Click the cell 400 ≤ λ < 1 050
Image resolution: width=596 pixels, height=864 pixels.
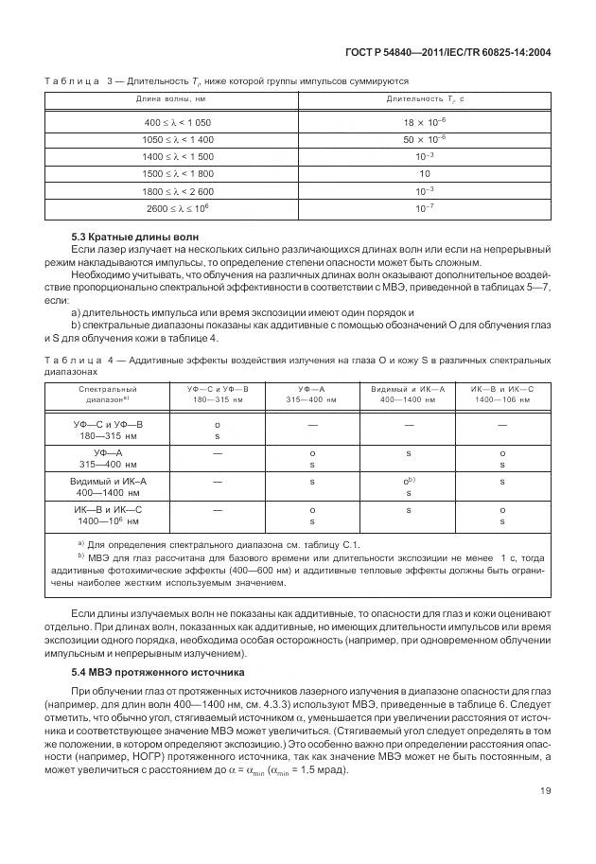tap(177, 123)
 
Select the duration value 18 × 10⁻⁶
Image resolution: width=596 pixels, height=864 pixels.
tap(424, 123)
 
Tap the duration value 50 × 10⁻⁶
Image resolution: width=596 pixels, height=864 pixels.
tap(424, 140)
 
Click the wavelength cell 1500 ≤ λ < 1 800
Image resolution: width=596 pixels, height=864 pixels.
tap(177, 174)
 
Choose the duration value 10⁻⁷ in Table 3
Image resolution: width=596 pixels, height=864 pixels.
tap(424, 207)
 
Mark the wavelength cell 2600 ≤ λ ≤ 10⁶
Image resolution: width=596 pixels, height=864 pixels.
tap(177, 207)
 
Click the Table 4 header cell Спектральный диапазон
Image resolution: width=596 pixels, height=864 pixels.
tap(107, 394)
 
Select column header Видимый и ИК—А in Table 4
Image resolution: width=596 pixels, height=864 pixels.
tap(408, 394)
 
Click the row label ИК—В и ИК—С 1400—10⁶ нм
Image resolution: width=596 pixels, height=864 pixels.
tap(107, 515)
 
